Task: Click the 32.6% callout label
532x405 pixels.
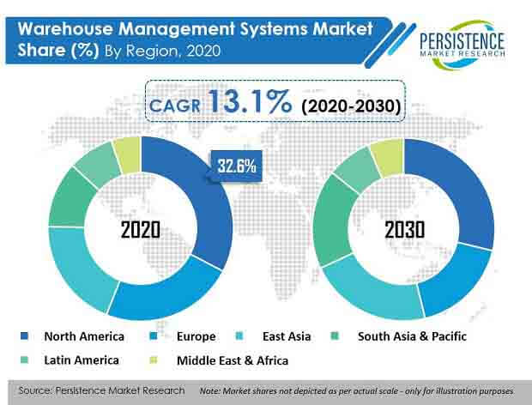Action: pyautogui.click(x=236, y=166)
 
